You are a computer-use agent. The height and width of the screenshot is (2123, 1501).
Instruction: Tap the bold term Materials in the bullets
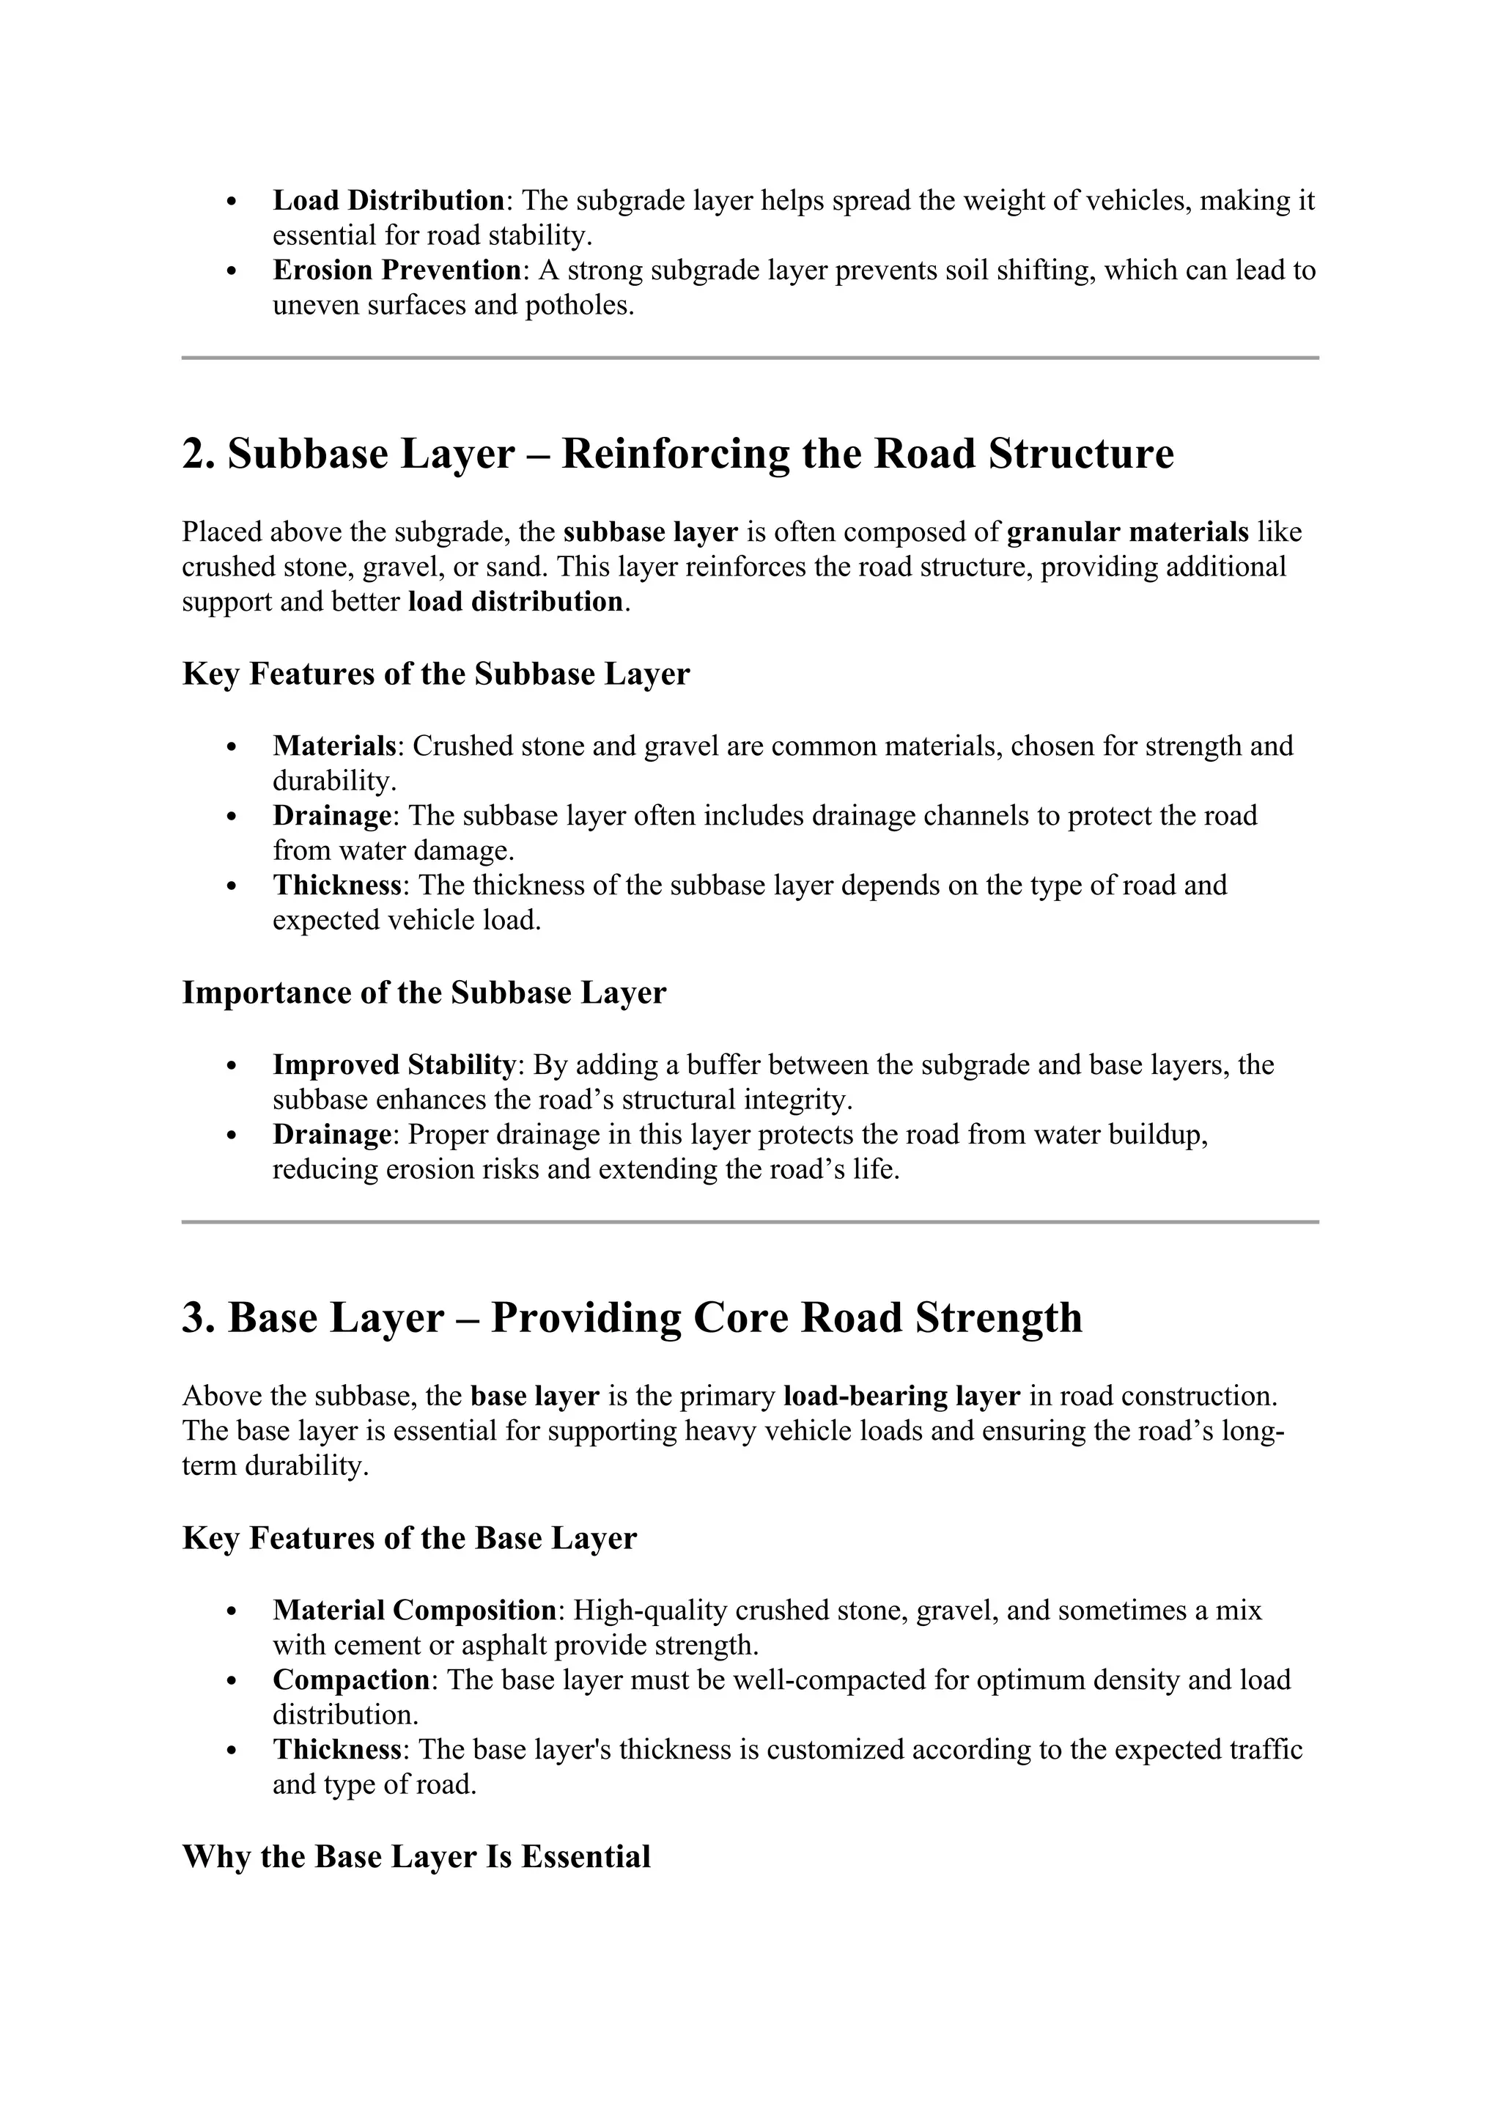333,746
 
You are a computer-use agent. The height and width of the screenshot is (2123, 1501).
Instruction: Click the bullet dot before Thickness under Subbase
232,886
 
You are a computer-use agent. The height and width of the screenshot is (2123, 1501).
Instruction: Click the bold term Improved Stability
393,1064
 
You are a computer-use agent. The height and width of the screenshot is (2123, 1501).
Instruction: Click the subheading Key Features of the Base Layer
410,1538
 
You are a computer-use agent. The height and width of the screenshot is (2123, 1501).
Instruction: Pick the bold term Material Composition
414,1610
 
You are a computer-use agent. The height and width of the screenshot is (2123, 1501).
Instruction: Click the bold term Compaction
351,1679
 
